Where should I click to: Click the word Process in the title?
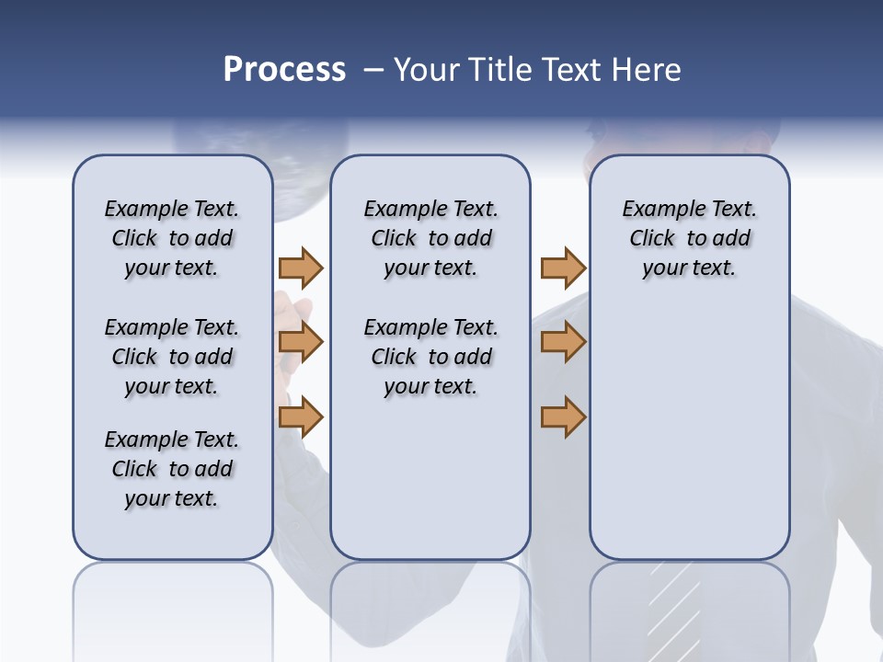click(x=284, y=70)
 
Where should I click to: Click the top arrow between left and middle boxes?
click(x=301, y=268)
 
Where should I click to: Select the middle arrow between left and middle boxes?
click(x=301, y=342)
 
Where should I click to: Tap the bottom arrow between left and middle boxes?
click(x=301, y=417)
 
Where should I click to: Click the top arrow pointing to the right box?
click(x=563, y=268)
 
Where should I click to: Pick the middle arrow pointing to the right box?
click(x=563, y=342)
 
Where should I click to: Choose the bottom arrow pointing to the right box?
click(x=563, y=417)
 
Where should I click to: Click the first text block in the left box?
click(x=172, y=238)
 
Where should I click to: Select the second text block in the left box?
click(x=172, y=357)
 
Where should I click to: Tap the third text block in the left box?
click(x=172, y=469)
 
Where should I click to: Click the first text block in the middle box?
click(x=430, y=238)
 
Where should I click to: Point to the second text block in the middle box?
click(x=430, y=357)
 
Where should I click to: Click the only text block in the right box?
click(x=689, y=238)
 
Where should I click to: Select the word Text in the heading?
click(x=571, y=70)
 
